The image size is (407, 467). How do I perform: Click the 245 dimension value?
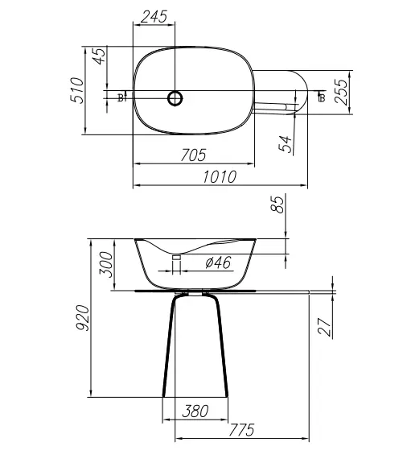pyautogui.click(x=154, y=17)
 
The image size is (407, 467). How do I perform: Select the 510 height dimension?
pyautogui.click(x=77, y=90)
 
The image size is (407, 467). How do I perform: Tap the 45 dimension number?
pyautogui.click(x=99, y=56)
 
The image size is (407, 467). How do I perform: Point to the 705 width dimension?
pyautogui.click(x=193, y=155)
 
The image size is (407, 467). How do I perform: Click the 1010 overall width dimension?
pyautogui.click(x=220, y=177)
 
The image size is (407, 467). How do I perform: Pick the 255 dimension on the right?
pyautogui.click(x=341, y=92)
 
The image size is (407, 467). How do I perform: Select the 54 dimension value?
pyautogui.click(x=285, y=144)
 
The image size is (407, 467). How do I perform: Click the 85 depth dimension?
pyautogui.click(x=277, y=205)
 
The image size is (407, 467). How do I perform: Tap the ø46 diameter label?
pyautogui.click(x=218, y=263)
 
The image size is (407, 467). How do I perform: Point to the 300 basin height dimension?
pyautogui.click(x=106, y=264)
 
